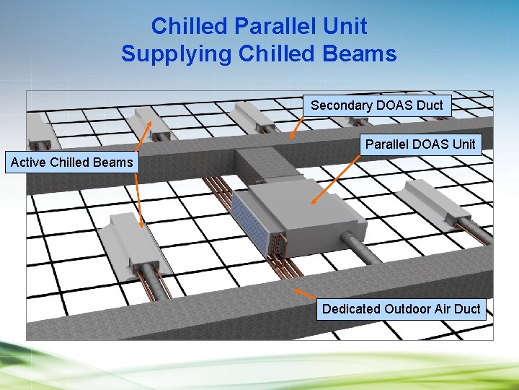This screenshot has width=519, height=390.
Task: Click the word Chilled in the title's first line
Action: pos(188,26)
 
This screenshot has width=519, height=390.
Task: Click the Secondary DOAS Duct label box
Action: pos(376,105)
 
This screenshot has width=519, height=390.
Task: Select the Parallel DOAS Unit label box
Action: pos(420,144)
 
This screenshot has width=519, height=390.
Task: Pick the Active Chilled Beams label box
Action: pos(71,162)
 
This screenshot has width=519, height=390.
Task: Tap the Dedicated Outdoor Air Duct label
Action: pos(401,308)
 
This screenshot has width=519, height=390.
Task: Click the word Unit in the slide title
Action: pos(344,26)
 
